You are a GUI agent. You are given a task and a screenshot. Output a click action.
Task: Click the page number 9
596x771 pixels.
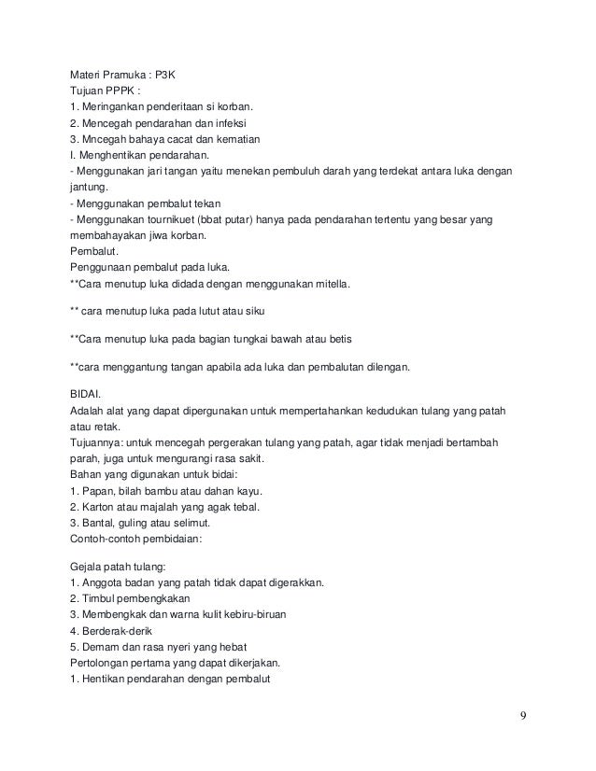point(523,716)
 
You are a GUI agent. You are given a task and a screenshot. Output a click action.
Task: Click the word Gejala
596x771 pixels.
point(88,567)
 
